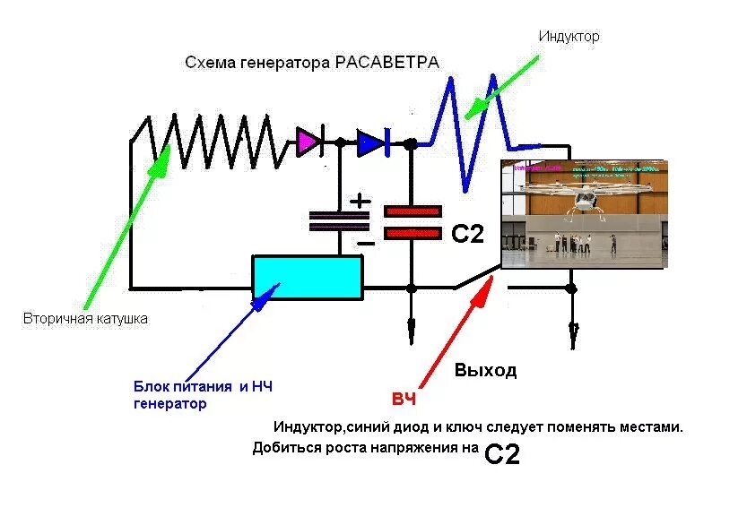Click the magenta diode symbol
click(x=308, y=142)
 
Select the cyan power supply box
click(x=308, y=278)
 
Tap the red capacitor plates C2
click(x=413, y=221)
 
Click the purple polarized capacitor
click(x=339, y=220)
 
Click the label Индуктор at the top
click(x=569, y=37)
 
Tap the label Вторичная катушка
click(x=85, y=318)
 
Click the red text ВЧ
click(x=404, y=399)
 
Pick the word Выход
click(x=485, y=370)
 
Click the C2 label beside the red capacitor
click(x=467, y=235)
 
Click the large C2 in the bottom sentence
click(x=502, y=454)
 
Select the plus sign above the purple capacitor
click(x=360, y=201)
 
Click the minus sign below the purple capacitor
click(x=365, y=242)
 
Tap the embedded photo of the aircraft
click(x=584, y=214)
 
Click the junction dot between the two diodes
click(x=340, y=142)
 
